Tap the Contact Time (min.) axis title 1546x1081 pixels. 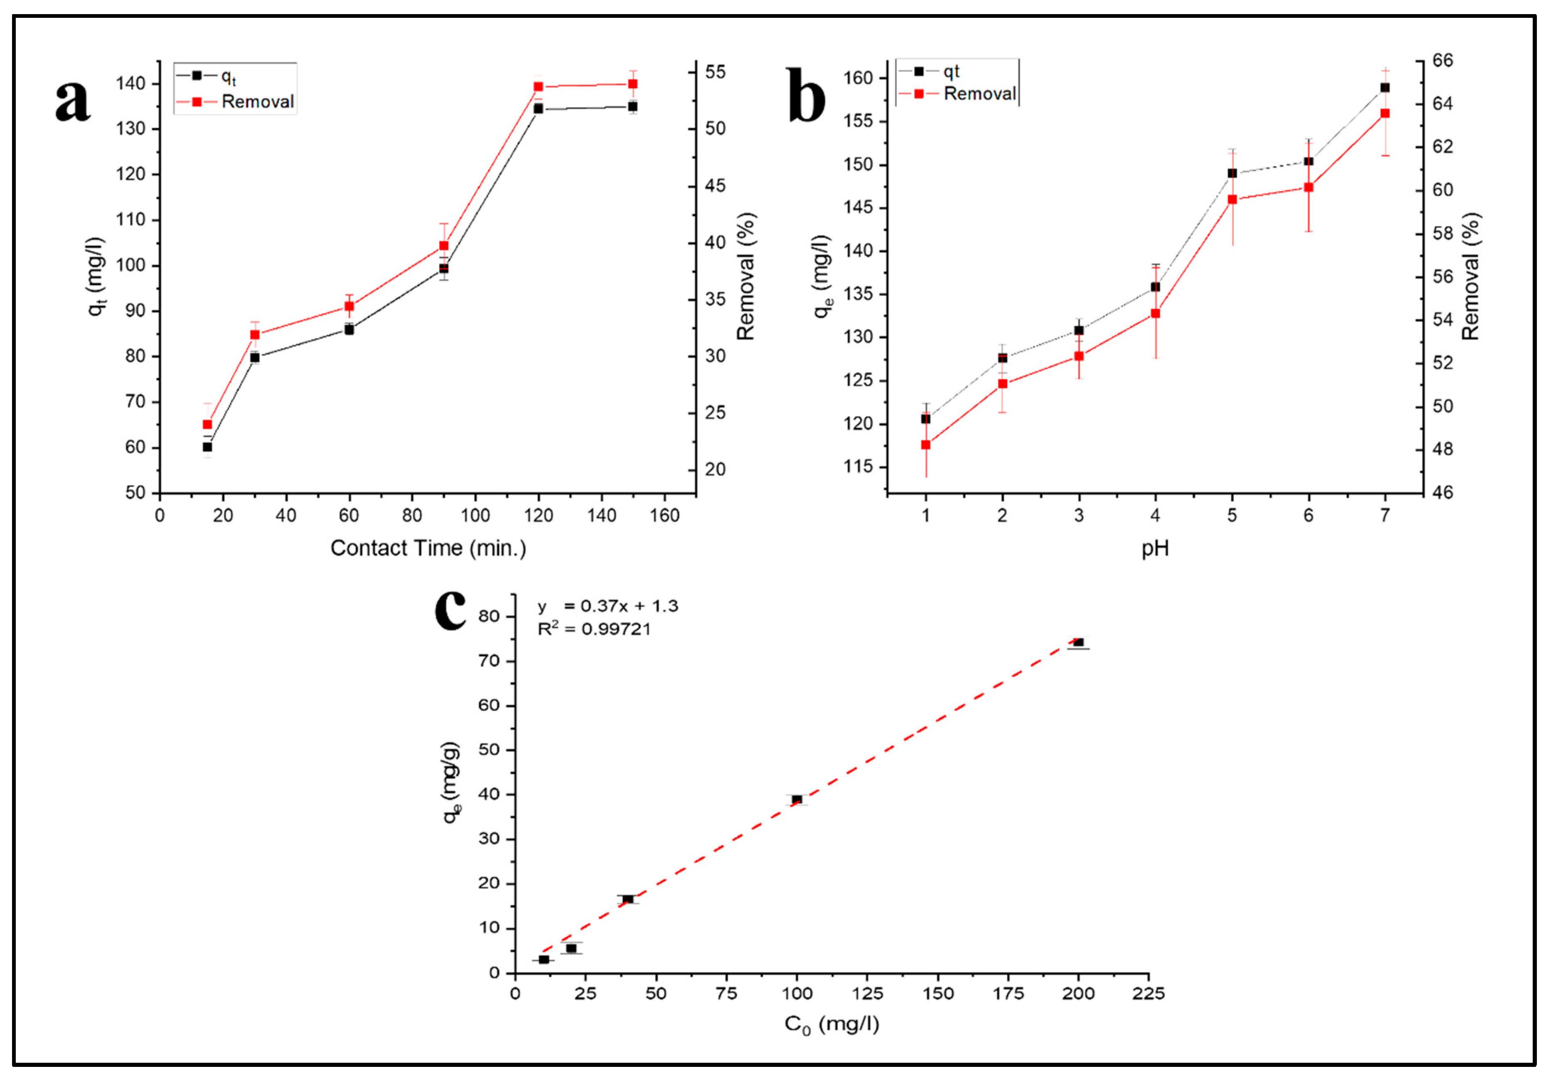[428, 548]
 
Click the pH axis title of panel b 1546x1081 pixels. [1155, 548]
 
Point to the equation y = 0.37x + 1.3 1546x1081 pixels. [607, 606]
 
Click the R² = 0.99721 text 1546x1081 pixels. [594, 629]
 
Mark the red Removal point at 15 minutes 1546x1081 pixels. [208, 424]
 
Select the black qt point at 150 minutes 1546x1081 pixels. [633, 106]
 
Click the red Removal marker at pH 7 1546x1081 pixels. [1385, 113]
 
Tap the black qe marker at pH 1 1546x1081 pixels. [926, 419]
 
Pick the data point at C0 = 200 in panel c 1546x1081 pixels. [1078, 642]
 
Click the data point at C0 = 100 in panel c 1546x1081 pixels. [797, 800]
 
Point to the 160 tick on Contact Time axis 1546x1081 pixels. [665, 516]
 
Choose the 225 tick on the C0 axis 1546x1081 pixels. [1148, 993]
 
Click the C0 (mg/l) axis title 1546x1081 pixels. [832, 1025]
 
